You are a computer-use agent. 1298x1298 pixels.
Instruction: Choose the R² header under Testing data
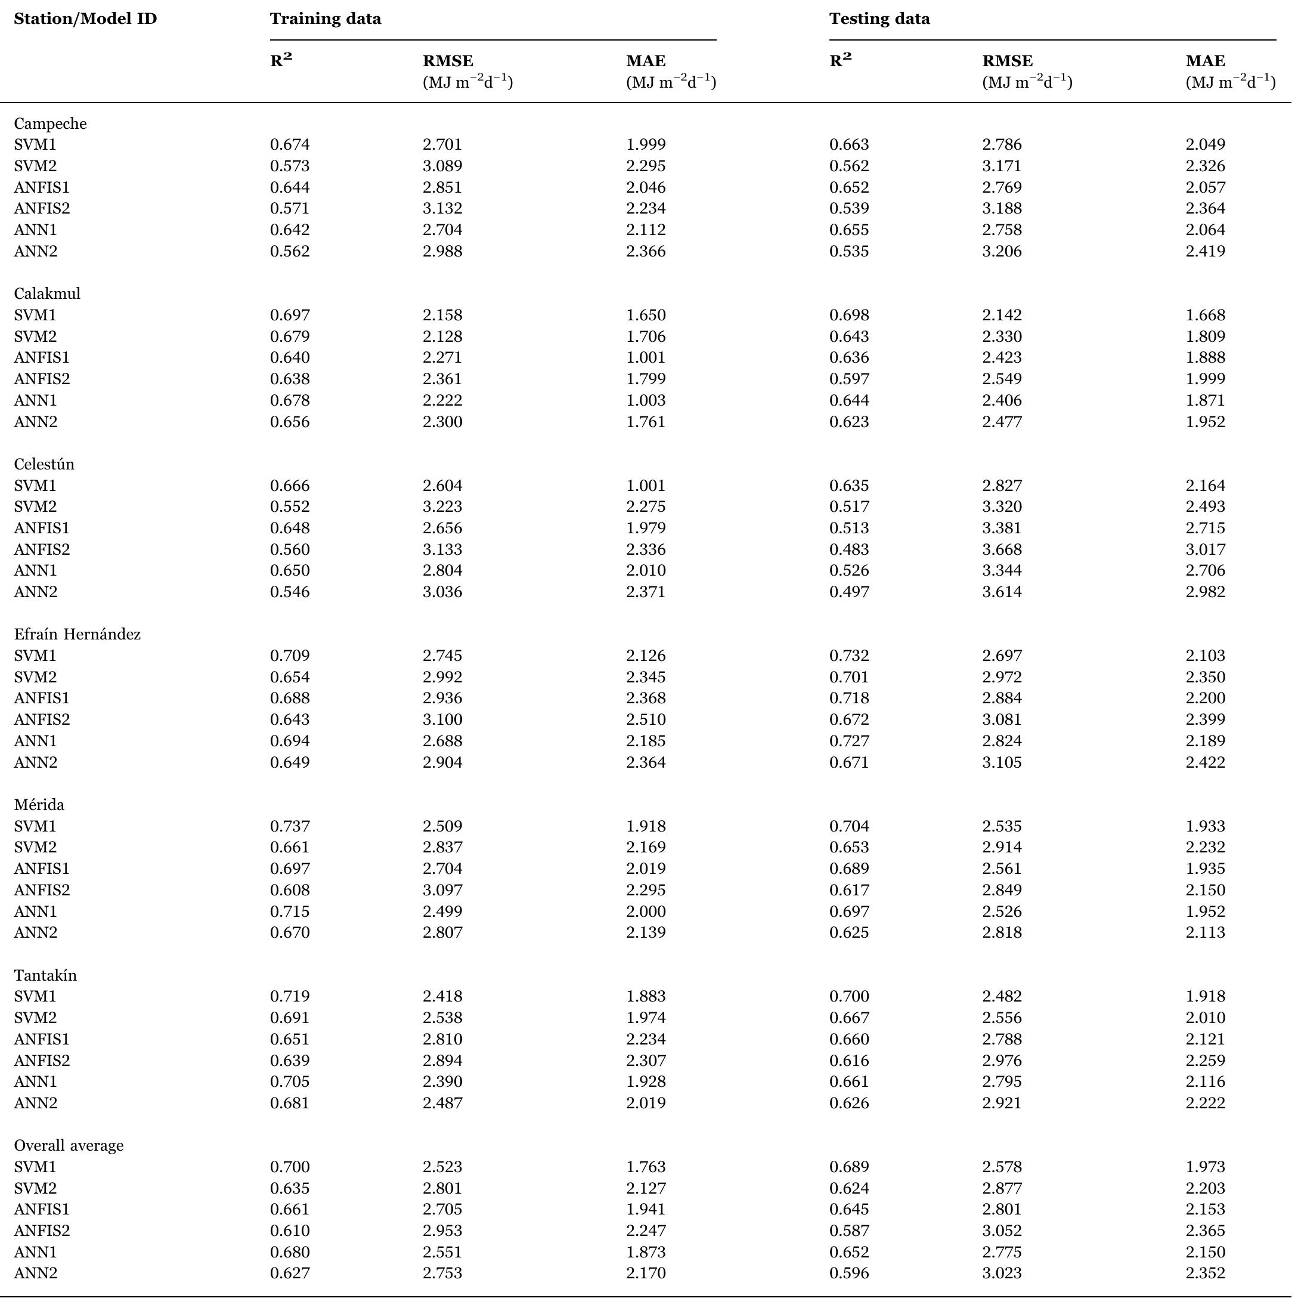(840, 60)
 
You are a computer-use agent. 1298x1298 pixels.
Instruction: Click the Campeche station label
(51, 123)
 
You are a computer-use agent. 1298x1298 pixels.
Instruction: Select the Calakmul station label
(47, 293)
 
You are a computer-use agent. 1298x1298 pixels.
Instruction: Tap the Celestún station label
(44, 465)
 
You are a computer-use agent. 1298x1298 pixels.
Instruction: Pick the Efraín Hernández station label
(78, 635)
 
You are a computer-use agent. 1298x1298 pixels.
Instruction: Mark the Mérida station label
(39, 805)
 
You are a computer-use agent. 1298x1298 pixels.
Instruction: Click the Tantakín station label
(45, 975)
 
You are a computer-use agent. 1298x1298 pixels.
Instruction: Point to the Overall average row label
(69, 1145)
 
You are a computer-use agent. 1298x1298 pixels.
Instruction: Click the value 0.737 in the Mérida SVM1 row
(290, 826)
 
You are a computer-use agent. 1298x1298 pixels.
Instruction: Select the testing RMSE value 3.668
(1001, 550)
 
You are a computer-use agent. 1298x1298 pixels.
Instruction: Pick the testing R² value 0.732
(848, 656)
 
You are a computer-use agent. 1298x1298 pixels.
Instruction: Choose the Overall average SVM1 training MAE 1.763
(646, 1167)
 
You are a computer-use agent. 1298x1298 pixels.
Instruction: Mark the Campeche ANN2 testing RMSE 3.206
(1001, 251)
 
